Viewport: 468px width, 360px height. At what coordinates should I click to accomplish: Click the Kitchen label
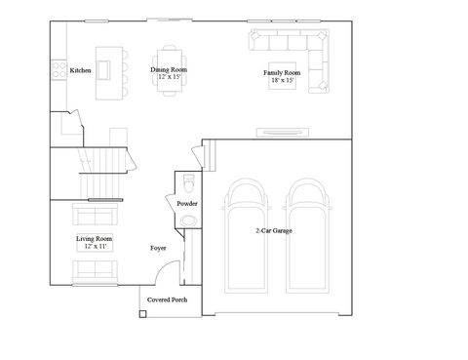tap(81, 70)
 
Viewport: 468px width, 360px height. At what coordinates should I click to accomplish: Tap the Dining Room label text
tap(169, 70)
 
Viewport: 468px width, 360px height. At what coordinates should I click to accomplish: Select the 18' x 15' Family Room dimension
tap(282, 81)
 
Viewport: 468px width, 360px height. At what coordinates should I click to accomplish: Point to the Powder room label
tap(187, 203)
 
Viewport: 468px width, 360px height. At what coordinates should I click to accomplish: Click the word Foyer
tap(158, 249)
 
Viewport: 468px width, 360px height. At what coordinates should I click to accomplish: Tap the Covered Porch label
tap(167, 300)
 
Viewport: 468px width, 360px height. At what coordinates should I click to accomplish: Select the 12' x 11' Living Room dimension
tap(95, 247)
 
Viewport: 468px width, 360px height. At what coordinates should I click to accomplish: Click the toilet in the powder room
tap(188, 185)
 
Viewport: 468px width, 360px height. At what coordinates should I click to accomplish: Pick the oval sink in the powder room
tap(187, 220)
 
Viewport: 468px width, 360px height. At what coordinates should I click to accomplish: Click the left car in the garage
tap(243, 234)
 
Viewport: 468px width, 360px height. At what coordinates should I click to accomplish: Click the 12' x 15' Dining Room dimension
tap(169, 77)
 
